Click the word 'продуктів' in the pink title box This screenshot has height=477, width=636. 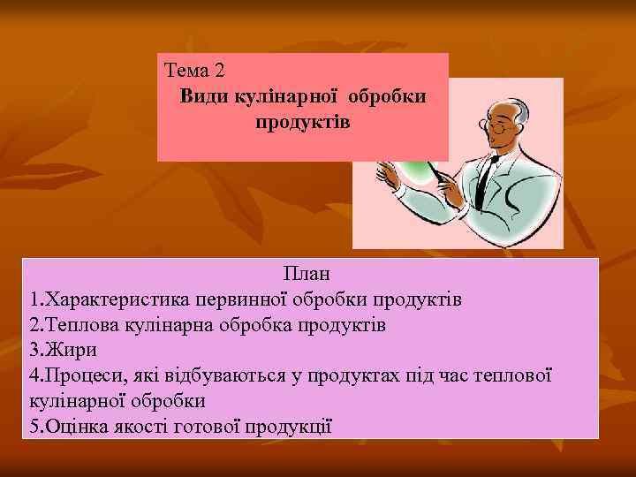tap(302, 122)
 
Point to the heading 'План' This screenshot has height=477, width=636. tap(307, 276)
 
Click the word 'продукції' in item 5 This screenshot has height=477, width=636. tap(292, 425)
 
